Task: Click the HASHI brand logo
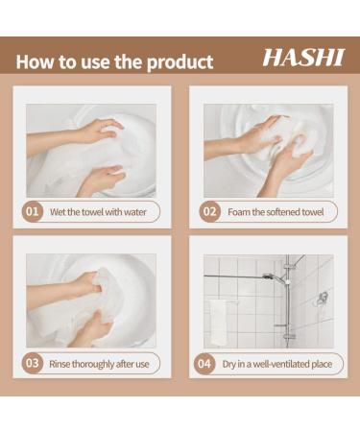(302, 59)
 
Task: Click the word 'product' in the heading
(179, 63)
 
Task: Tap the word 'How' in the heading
(36, 62)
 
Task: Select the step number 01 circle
(34, 211)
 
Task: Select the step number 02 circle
(209, 211)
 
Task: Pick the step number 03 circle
(34, 364)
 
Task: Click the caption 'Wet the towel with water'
(98, 211)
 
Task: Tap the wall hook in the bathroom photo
(324, 298)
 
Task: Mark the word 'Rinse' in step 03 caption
(61, 364)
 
